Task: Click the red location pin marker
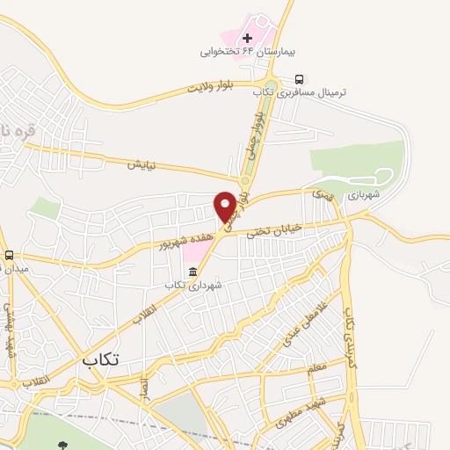click(x=226, y=206)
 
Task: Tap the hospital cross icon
click(x=247, y=38)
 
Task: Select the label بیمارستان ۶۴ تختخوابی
click(x=236, y=52)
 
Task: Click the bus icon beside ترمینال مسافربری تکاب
click(x=301, y=77)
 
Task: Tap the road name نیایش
click(x=142, y=164)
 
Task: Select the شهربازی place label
click(x=365, y=195)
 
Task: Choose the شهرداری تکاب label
click(x=194, y=285)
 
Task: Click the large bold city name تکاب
click(x=100, y=359)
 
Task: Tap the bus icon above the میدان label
click(x=9, y=255)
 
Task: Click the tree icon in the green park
click(x=61, y=445)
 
